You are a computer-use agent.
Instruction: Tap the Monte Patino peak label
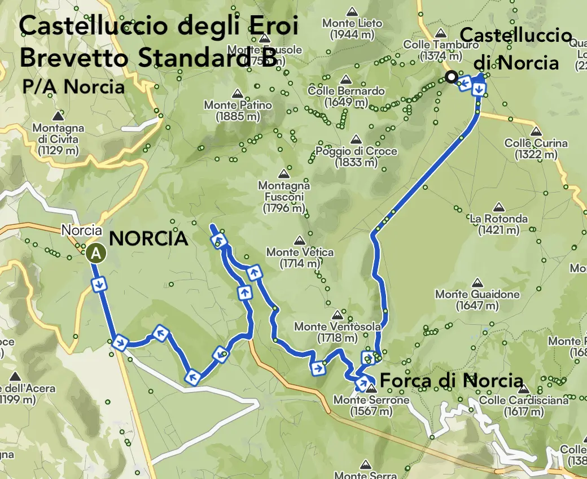[x=238, y=111]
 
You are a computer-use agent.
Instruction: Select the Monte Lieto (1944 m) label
[x=352, y=29]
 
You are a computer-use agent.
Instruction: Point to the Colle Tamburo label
[x=433, y=50]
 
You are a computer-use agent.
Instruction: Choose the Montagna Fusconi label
[x=284, y=197]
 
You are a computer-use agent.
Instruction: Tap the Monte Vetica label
[x=300, y=258]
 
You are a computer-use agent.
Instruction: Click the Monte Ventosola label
[x=334, y=332]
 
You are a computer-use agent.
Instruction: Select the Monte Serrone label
[x=371, y=405]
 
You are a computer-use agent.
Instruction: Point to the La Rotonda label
[x=498, y=224]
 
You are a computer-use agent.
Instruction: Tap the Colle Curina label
[x=536, y=149]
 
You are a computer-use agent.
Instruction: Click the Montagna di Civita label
[x=58, y=139]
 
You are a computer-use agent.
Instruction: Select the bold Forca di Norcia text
[x=452, y=381]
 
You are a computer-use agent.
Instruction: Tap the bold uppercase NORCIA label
[x=148, y=238]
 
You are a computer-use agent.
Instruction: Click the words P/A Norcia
[x=73, y=87]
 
